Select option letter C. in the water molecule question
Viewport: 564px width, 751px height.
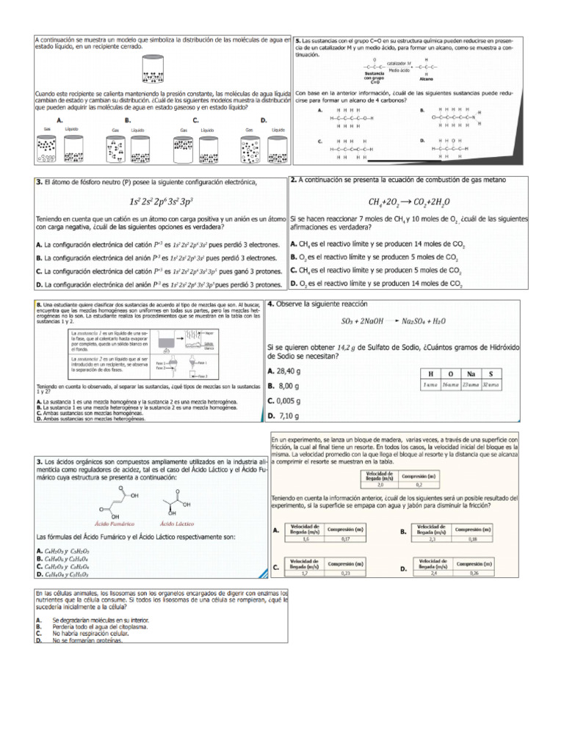click(x=195, y=120)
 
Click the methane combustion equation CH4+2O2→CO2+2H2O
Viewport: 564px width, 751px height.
click(x=410, y=201)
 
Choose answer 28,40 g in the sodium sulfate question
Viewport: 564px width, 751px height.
click(x=285, y=371)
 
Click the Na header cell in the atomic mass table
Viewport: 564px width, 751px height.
click(x=471, y=373)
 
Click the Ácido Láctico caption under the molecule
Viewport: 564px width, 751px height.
click(x=176, y=523)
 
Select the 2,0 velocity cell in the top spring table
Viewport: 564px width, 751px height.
click(x=380, y=485)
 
